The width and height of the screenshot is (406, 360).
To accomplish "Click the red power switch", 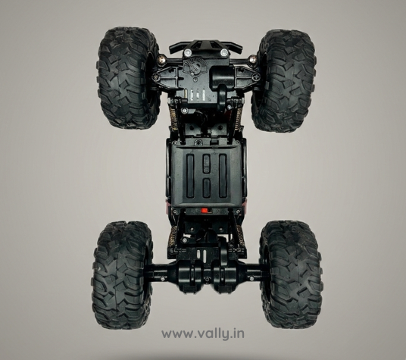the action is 205,211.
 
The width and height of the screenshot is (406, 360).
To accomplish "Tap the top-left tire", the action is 127,78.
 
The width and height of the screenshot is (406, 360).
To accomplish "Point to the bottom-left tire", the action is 122,274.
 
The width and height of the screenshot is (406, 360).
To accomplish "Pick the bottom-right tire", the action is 291,274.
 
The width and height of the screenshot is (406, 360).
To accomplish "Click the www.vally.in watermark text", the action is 203,334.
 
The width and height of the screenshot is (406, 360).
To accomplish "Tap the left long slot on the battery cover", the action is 190,175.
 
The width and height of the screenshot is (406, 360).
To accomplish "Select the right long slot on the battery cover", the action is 223,175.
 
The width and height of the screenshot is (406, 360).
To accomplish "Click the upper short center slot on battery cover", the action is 206,164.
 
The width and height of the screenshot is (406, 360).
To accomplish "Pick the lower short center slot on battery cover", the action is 206,188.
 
